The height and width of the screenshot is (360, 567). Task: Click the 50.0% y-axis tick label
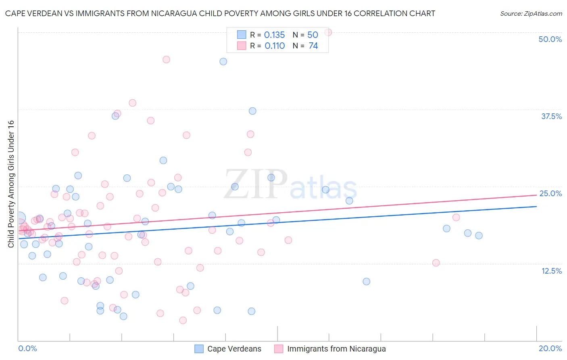[x=550, y=39]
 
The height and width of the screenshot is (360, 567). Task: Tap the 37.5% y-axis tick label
[x=551, y=116]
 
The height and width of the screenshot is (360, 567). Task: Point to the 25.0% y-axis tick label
[x=550, y=193]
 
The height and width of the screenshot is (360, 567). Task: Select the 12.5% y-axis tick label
[x=551, y=271]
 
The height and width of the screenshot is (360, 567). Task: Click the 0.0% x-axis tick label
[x=27, y=348]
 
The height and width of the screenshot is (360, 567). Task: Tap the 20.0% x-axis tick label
[x=550, y=348]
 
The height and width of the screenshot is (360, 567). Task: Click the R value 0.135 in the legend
[x=274, y=35]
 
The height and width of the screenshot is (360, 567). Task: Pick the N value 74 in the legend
[x=313, y=46]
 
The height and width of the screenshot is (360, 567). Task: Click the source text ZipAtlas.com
[x=531, y=13]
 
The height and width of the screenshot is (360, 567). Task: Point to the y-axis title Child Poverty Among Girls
[x=11, y=184]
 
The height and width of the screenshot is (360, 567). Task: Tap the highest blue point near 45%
[x=223, y=62]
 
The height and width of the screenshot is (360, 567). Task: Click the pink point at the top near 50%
[x=328, y=32]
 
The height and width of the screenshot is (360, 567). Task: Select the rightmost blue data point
[x=479, y=236]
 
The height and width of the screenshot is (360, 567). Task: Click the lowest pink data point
[x=183, y=320]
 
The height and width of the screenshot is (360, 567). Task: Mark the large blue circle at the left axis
[x=19, y=218]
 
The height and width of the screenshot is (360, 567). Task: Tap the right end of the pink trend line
[x=536, y=195]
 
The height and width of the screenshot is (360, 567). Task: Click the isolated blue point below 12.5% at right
[x=366, y=282]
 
